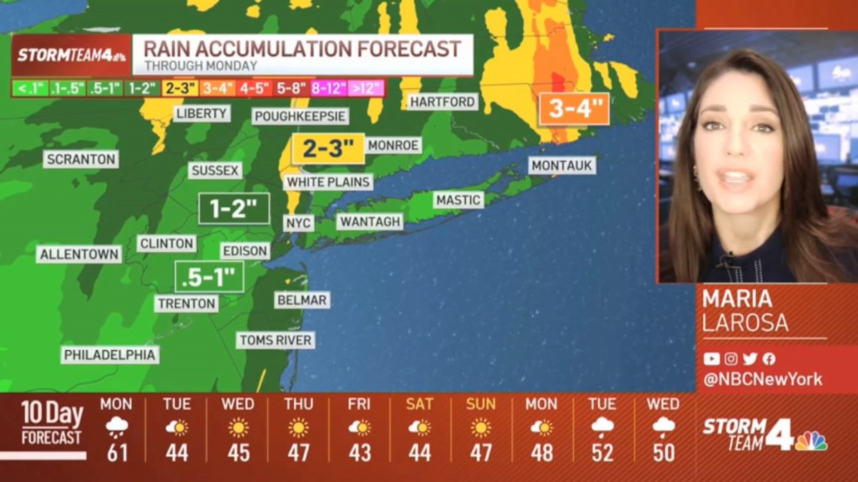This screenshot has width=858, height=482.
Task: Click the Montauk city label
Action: [562, 166]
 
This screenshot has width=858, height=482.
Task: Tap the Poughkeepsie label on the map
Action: [300, 116]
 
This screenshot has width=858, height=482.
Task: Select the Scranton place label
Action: [80, 159]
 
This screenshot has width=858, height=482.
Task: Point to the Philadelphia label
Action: [110, 355]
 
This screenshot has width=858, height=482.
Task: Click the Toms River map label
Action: [275, 340]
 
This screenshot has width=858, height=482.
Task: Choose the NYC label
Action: [298, 223]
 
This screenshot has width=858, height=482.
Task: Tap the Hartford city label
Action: [443, 102]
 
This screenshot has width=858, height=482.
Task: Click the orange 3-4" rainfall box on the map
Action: [574, 109]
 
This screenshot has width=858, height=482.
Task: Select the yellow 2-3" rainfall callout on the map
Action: [328, 149]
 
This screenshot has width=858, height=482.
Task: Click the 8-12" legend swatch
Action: [328, 89]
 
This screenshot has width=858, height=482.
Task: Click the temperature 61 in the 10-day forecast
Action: [117, 452]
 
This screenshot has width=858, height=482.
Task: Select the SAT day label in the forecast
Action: [420, 404]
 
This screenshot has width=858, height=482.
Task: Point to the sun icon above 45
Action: [238, 428]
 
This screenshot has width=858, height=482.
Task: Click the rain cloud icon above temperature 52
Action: [603, 428]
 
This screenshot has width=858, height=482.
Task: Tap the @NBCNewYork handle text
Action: [763, 380]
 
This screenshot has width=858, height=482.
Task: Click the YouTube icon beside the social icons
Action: [711, 359]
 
